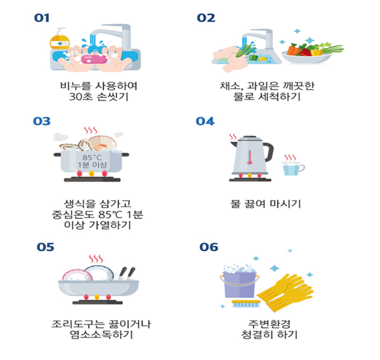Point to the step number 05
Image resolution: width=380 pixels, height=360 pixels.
click(x=46, y=247)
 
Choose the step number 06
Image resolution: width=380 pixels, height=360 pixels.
click(x=209, y=247)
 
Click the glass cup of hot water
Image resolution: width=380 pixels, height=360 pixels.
click(x=291, y=168)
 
